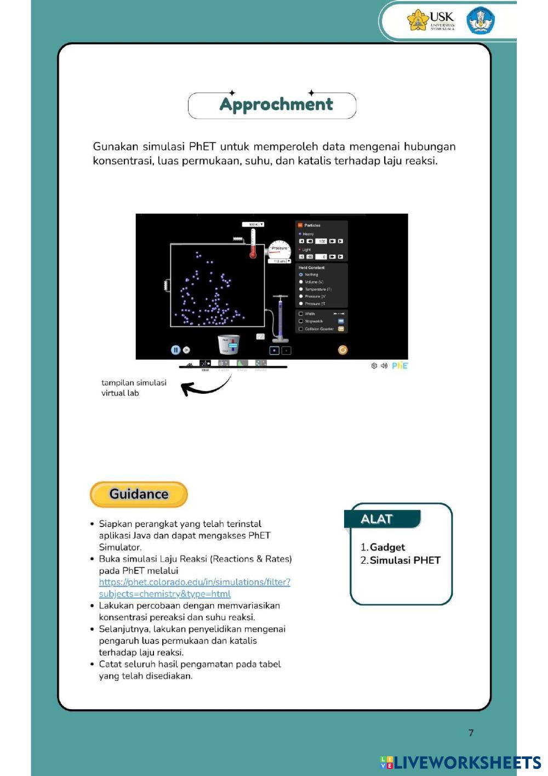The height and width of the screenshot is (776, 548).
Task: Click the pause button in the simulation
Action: pos(175,349)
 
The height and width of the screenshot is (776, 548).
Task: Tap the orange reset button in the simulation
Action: pos(342,349)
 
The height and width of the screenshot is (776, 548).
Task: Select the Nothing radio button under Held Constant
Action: pos(301,274)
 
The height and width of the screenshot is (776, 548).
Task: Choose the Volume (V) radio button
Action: pos(301,281)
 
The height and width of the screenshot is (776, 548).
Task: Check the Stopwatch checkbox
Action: pos(301,321)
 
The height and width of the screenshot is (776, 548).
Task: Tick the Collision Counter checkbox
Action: pos(301,328)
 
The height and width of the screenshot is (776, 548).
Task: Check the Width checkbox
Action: pos(301,314)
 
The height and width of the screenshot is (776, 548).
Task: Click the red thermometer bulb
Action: pos(253,254)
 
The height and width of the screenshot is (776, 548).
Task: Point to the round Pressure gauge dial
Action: pos(280,250)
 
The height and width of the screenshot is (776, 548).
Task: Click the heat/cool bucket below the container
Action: pos(229,344)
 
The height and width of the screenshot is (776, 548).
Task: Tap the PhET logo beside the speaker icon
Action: pos(399,365)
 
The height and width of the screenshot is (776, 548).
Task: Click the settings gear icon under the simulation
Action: pos(374,366)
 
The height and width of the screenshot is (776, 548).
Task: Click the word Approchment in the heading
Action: pos(276,104)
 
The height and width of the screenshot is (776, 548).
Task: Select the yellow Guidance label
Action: pos(139,494)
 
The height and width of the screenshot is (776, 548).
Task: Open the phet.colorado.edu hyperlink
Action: pos(195,582)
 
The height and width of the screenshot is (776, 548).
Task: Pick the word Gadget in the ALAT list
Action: pos(387,547)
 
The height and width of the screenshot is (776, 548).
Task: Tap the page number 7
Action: pos(471,733)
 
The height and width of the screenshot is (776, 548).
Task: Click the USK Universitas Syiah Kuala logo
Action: pos(431,20)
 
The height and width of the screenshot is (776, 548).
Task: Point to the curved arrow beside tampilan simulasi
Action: pos(206,386)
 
